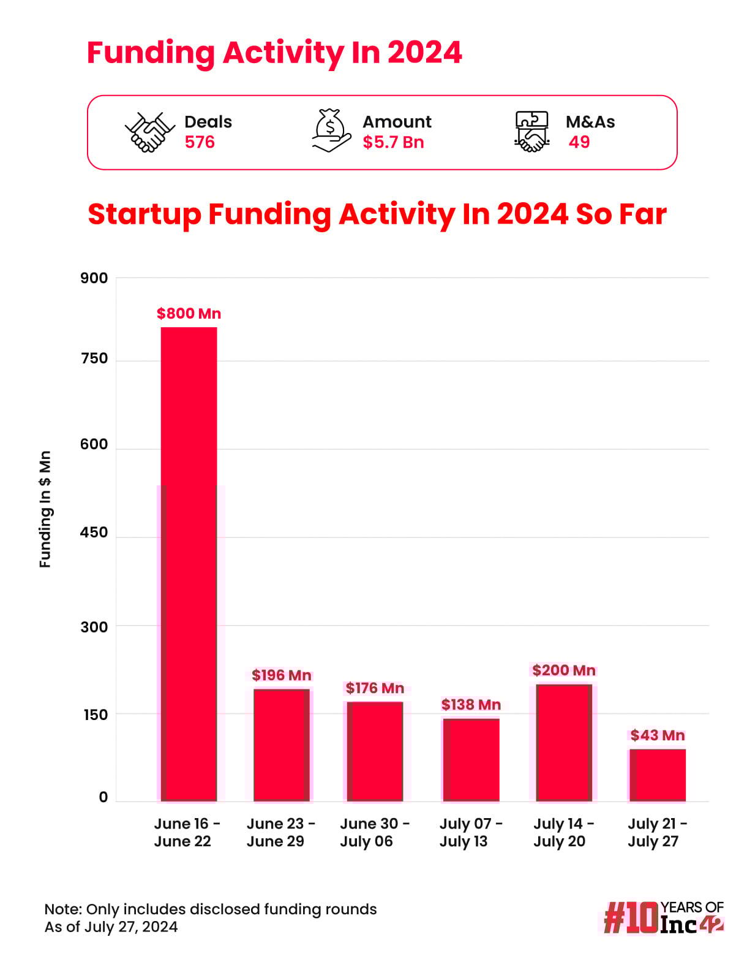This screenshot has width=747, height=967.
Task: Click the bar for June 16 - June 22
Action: [x=189, y=564]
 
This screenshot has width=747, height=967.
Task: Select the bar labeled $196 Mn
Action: [x=282, y=745]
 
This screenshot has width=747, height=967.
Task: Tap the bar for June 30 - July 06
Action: [x=375, y=751]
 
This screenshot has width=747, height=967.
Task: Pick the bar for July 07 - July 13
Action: [x=471, y=759]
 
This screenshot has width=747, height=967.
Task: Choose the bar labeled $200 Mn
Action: [x=564, y=742]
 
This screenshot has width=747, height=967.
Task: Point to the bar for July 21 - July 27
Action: [x=658, y=775]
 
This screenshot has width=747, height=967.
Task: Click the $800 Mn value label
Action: [x=189, y=314]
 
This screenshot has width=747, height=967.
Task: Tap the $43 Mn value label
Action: [x=658, y=735]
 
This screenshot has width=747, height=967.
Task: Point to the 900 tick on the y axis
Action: [x=94, y=278]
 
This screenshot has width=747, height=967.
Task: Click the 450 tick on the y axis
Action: [x=94, y=533]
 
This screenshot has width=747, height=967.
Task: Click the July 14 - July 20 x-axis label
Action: [x=563, y=832]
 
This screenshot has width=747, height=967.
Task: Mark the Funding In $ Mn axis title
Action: [x=45, y=509]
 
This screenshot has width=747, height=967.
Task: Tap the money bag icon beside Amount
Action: [x=331, y=131]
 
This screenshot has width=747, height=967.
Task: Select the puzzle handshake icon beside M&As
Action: [x=531, y=131]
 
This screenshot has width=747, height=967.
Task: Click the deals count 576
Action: [x=200, y=142]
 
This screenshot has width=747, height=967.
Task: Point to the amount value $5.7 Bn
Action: [x=393, y=142]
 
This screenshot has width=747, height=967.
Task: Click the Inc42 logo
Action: [x=664, y=917]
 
